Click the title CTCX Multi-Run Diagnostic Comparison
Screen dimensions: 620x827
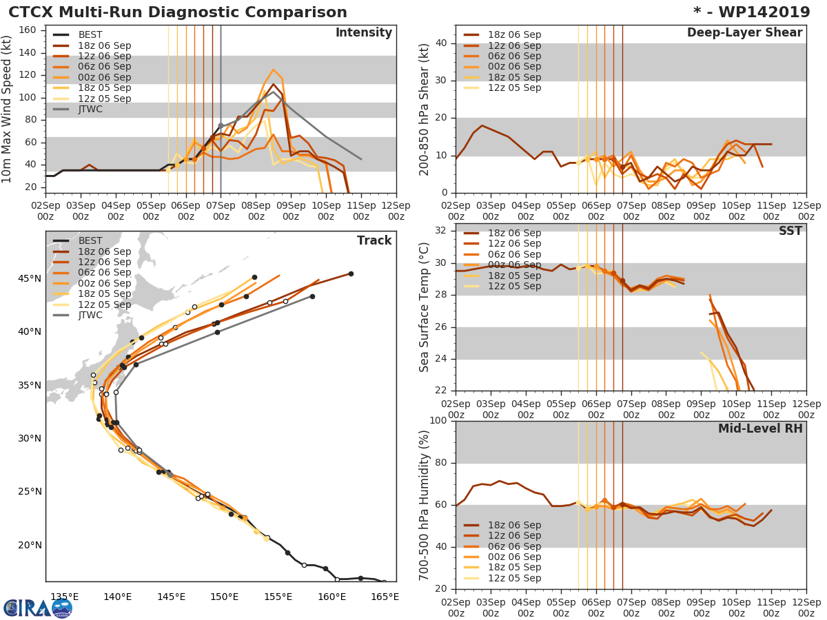[178, 12]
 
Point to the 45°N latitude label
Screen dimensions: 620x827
[29, 279]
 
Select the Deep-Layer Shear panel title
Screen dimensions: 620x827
[744, 33]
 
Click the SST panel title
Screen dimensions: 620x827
[790, 231]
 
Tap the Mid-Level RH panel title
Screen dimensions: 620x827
[760, 428]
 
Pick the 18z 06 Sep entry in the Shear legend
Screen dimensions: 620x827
[514, 34]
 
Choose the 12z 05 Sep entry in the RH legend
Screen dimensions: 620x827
[514, 578]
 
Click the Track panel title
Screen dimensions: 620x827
[374, 240]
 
